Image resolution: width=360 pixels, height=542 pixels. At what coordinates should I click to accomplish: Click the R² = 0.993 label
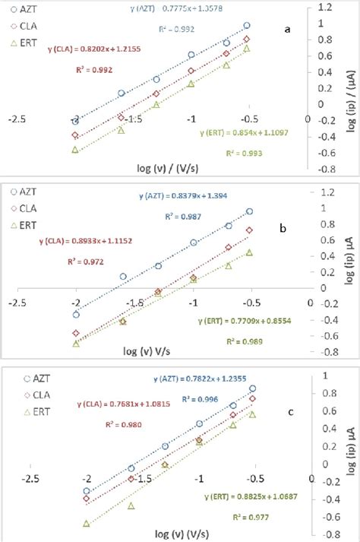(x=244, y=153)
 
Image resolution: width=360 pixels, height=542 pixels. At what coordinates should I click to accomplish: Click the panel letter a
(x=286, y=30)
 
